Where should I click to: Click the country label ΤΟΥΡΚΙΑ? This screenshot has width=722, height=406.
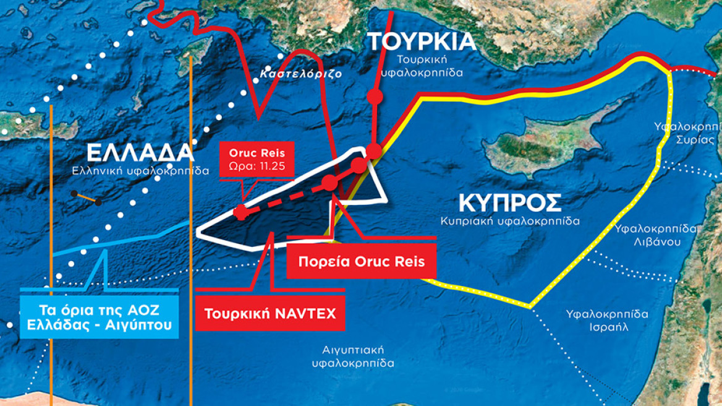[x=422, y=41]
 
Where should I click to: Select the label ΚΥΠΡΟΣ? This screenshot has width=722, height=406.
[x=510, y=203]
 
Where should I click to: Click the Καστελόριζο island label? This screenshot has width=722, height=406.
[x=300, y=73]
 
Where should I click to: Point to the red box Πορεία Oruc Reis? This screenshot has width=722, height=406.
[x=362, y=261]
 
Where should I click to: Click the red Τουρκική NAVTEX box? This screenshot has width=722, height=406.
[x=270, y=313]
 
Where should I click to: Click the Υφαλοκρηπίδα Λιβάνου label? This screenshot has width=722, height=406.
[x=656, y=235]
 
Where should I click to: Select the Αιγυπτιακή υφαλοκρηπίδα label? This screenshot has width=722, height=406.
[x=353, y=356]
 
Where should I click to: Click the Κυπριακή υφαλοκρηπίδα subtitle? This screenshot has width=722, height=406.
[x=510, y=220]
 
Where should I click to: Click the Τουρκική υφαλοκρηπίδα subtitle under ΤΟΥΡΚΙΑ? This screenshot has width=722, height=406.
[x=422, y=66]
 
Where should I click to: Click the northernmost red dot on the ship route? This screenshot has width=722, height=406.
[x=374, y=97]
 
